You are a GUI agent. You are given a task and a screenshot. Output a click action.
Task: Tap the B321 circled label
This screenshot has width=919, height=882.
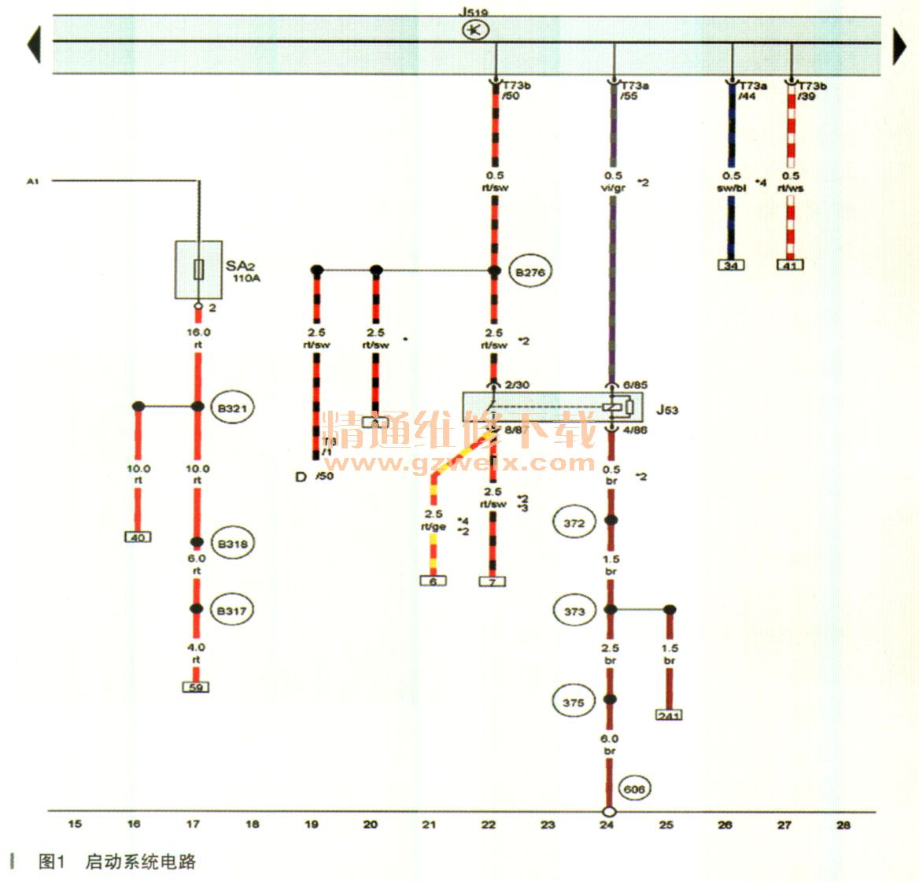tap(232, 408)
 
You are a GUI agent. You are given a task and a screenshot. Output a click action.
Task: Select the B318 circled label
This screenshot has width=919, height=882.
tap(232, 544)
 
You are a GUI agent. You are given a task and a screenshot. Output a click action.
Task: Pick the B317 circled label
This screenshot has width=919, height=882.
tap(232, 611)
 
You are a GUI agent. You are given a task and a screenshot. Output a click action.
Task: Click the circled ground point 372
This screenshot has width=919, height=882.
tap(574, 523)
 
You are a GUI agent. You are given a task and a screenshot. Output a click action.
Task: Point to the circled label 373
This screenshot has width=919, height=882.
tap(574, 611)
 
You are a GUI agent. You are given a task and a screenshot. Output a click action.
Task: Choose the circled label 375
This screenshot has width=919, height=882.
tap(574, 702)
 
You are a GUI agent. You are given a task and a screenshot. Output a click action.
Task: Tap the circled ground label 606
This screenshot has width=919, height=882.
tap(634, 789)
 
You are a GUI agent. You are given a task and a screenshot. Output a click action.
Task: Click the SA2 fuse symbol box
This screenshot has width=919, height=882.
tap(198, 270)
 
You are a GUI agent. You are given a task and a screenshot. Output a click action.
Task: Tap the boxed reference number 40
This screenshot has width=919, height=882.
tap(138, 537)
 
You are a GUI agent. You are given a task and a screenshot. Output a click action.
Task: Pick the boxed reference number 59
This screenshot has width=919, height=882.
tap(195, 687)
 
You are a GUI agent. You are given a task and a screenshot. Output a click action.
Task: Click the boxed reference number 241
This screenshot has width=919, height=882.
tap(669, 715)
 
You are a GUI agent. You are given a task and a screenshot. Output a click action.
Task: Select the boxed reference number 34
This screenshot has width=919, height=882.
tap(732, 265)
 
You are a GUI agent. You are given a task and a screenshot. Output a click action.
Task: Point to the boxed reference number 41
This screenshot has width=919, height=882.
tap(791, 265)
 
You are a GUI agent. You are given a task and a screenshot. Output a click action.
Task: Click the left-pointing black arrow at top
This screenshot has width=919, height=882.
tap(34, 45)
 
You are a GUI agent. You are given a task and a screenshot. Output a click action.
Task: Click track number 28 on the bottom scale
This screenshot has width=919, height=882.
tap(843, 825)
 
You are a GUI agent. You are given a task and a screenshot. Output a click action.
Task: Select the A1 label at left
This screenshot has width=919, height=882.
tap(33, 182)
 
